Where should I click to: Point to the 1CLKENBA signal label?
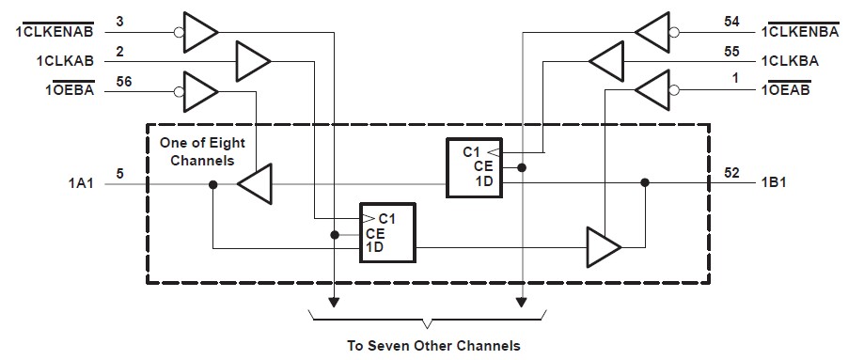808,33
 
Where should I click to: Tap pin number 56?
123,82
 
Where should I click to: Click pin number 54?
731,21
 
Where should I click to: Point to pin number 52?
731,174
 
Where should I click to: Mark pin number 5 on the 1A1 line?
119,174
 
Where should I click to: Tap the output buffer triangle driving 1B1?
602,247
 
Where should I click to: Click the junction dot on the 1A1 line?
213,185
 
